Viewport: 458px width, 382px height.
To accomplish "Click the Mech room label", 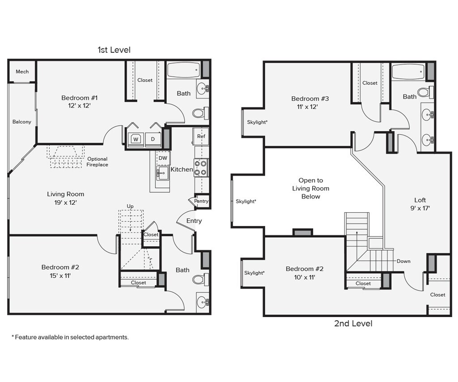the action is [22, 72].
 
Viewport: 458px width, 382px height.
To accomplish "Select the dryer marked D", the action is [153, 139].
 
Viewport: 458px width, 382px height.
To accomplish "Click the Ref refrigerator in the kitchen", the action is [201, 136].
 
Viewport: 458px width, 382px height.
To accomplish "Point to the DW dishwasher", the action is [163, 158].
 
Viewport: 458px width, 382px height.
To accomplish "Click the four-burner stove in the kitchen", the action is [201, 168].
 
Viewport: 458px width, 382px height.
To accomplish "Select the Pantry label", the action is [201, 201].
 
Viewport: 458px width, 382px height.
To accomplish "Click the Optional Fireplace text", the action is [97, 162].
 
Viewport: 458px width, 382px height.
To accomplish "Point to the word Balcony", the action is [21, 122].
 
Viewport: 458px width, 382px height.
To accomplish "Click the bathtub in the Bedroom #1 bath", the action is [183, 70].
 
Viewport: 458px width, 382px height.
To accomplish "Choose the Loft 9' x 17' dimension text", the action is [420, 208].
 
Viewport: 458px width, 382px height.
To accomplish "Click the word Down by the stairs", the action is [403, 261].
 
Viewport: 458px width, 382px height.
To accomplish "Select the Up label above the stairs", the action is [130, 206].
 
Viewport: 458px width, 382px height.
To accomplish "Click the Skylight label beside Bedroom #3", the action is [257, 122].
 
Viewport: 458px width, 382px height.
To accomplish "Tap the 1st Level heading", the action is [114, 50].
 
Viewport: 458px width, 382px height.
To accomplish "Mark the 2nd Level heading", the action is [353, 323].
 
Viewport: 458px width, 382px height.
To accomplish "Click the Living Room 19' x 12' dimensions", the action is [65, 202].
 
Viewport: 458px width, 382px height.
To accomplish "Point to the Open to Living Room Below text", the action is [311, 189].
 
